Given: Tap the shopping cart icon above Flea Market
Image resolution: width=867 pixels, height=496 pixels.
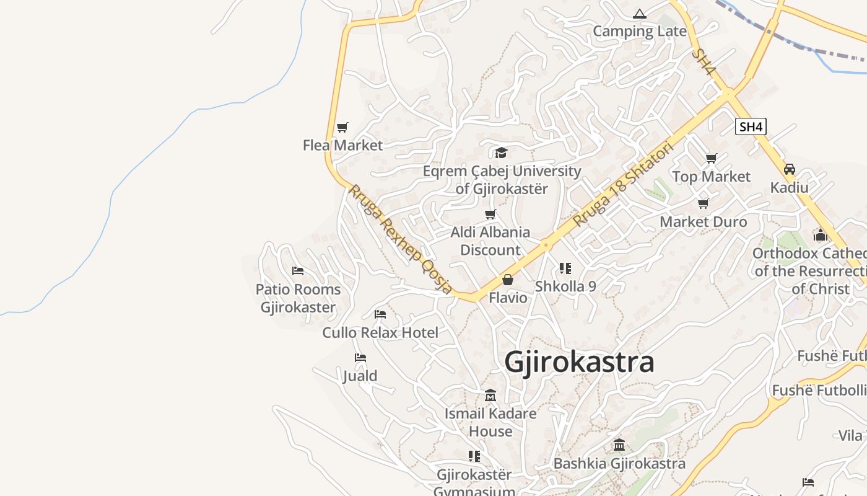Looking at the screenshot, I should tap(342, 128).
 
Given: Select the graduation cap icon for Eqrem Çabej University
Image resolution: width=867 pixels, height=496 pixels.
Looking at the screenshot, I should tap(501, 153).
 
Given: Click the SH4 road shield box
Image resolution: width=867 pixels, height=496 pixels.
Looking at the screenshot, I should tap(751, 126).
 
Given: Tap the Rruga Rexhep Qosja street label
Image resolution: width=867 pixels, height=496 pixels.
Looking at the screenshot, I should tap(399, 239).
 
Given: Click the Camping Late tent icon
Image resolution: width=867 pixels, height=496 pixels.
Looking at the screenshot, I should tap(640, 14).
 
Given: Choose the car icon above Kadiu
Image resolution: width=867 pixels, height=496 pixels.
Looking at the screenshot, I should tap(790, 169).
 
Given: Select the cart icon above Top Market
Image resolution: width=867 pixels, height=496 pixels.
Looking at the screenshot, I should tap(712, 159).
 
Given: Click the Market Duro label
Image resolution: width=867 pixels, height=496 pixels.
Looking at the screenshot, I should tap(704, 221).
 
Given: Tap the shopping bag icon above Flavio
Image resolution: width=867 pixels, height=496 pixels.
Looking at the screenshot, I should tap(508, 280).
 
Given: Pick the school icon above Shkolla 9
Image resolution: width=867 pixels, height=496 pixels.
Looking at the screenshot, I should tap(565, 268).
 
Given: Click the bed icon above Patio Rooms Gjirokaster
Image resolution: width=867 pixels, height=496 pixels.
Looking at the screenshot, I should tap(298, 271).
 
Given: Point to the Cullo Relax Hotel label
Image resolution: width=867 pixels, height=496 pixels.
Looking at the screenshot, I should tap(380, 332).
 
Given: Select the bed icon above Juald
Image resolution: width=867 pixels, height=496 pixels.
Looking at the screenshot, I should tap(360, 358).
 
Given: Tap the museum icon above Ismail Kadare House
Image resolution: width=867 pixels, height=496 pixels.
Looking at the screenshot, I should tap(490, 395).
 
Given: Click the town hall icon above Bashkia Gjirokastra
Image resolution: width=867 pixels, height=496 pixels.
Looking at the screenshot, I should tap(619, 445).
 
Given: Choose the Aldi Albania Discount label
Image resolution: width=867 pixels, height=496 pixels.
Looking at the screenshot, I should tap(490, 241).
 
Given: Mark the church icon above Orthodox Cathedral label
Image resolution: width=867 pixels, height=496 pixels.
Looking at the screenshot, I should tap(821, 235).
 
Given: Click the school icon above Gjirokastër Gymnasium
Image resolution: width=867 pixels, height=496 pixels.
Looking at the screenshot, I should tap(474, 456).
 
